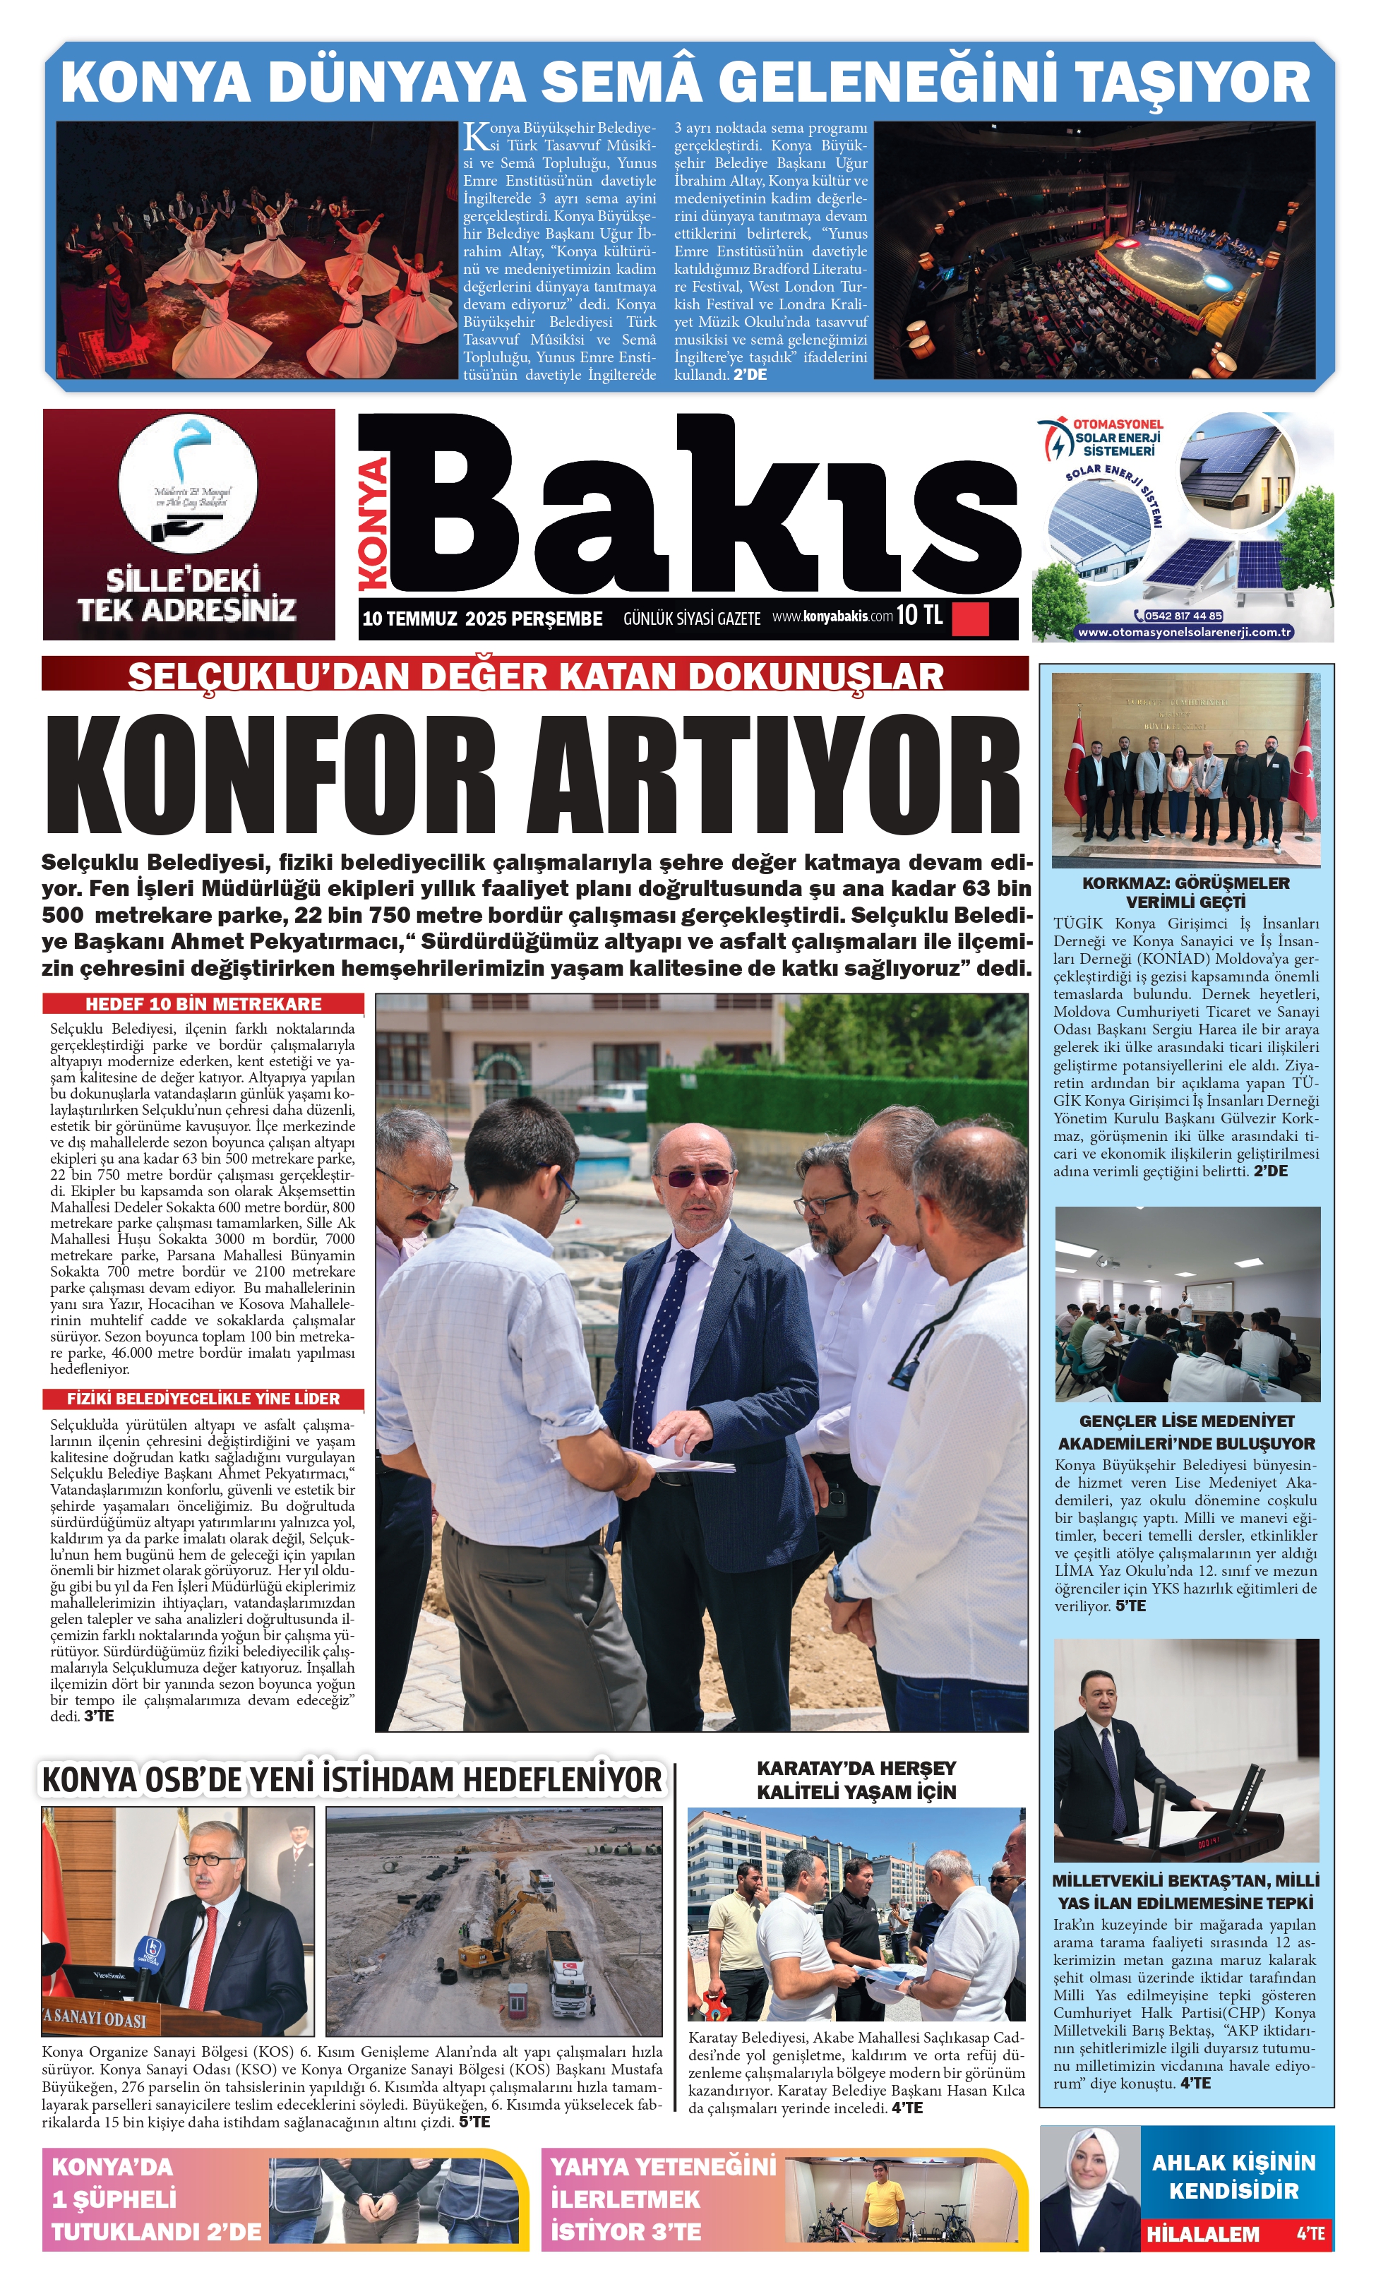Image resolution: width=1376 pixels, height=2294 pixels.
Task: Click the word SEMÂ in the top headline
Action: coord(621,82)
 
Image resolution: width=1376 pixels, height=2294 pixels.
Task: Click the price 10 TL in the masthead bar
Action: coord(919,615)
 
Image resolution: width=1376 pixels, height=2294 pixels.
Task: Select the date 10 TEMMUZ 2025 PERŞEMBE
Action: coord(482,619)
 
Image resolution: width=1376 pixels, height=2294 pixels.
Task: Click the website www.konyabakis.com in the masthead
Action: coord(832,616)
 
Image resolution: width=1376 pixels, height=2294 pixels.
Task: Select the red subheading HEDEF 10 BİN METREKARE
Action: coord(203,1004)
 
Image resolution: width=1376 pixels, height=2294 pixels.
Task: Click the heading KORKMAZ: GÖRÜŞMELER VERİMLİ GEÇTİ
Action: coord(1186,892)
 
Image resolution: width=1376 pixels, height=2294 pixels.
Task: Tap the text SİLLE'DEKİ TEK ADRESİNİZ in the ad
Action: coord(186,595)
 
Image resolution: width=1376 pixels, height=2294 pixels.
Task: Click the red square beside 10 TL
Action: coord(970,618)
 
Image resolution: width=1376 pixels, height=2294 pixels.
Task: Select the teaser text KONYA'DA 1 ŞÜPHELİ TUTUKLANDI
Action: coord(156,2199)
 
